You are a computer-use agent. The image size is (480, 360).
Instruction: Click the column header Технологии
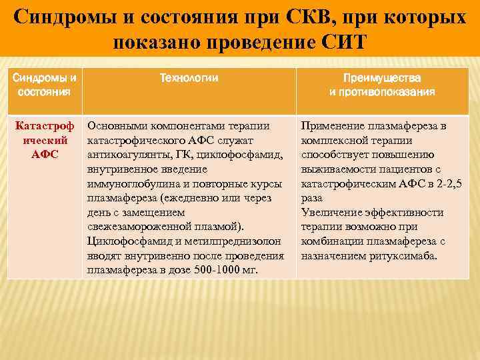[189, 78]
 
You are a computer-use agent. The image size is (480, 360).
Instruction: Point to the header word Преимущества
[382, 78]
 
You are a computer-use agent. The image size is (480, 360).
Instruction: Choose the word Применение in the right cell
[330, 125]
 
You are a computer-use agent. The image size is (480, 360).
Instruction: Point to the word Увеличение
[331, 213]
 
